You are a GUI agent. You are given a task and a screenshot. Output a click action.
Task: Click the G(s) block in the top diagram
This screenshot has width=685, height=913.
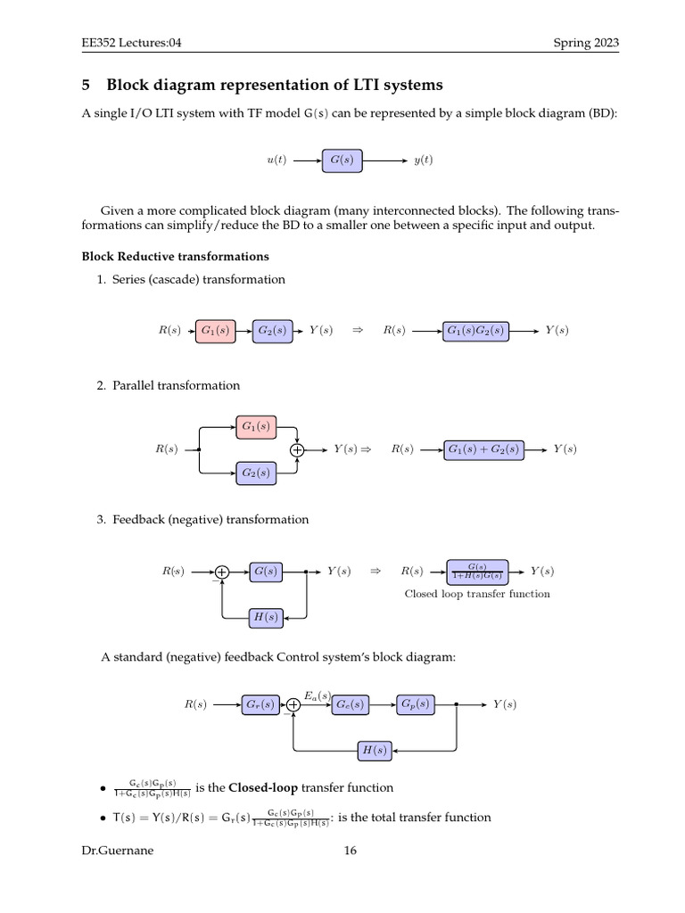[342, 160]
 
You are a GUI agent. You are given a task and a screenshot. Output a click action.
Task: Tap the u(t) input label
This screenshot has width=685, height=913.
[276, 160]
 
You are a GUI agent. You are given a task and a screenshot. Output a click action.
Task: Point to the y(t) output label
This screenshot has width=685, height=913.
[423, 160]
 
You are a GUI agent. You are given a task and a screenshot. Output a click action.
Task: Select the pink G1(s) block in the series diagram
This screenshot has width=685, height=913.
[214, 330]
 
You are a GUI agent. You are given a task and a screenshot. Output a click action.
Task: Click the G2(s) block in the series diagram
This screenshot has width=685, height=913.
[272, 330]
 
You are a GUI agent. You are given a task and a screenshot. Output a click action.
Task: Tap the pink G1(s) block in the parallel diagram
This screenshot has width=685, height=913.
[256, 426]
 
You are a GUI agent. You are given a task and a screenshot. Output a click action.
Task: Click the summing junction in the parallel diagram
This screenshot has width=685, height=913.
[297, 450]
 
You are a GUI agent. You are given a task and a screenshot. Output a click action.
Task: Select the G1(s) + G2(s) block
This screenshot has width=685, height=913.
[483, 449]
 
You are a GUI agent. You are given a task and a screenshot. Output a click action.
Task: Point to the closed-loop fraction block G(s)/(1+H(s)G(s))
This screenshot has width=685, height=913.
[477, 571]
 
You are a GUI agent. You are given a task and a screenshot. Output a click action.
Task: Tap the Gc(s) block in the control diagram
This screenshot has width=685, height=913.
[351, 704]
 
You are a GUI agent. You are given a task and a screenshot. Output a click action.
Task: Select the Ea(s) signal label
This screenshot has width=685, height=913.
[318, 695]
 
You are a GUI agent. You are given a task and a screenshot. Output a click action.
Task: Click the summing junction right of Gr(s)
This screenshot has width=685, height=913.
[293, 705]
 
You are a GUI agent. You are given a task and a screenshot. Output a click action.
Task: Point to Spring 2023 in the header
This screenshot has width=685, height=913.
[585, 43]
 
